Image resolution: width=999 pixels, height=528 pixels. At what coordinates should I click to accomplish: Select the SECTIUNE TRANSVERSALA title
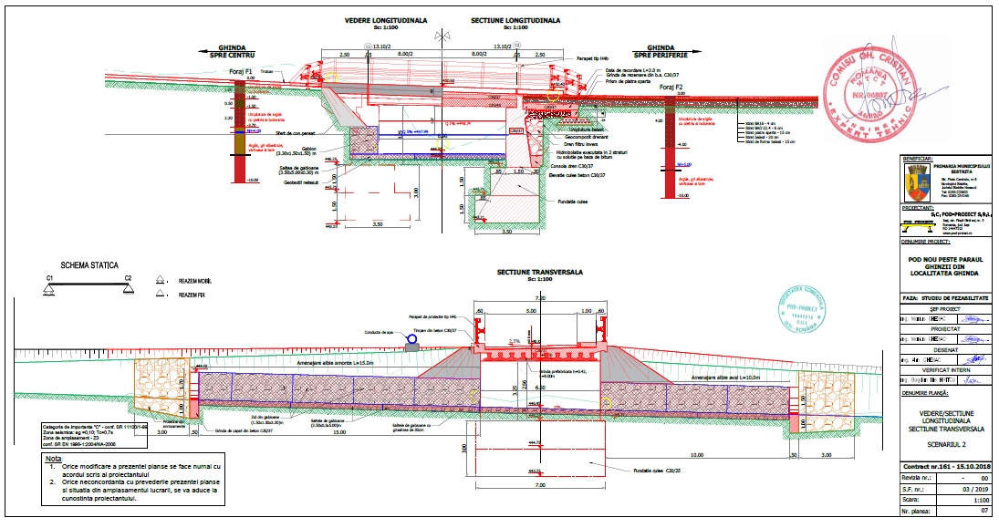(540, 272)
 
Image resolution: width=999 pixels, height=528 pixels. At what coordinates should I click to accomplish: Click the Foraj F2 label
(671, 88)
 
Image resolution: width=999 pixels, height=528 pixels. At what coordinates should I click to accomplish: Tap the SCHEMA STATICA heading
(89, 265)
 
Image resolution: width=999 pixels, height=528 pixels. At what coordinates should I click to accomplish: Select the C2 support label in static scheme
(129, 277)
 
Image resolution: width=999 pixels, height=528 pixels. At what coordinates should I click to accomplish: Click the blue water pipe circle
(411, 340)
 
